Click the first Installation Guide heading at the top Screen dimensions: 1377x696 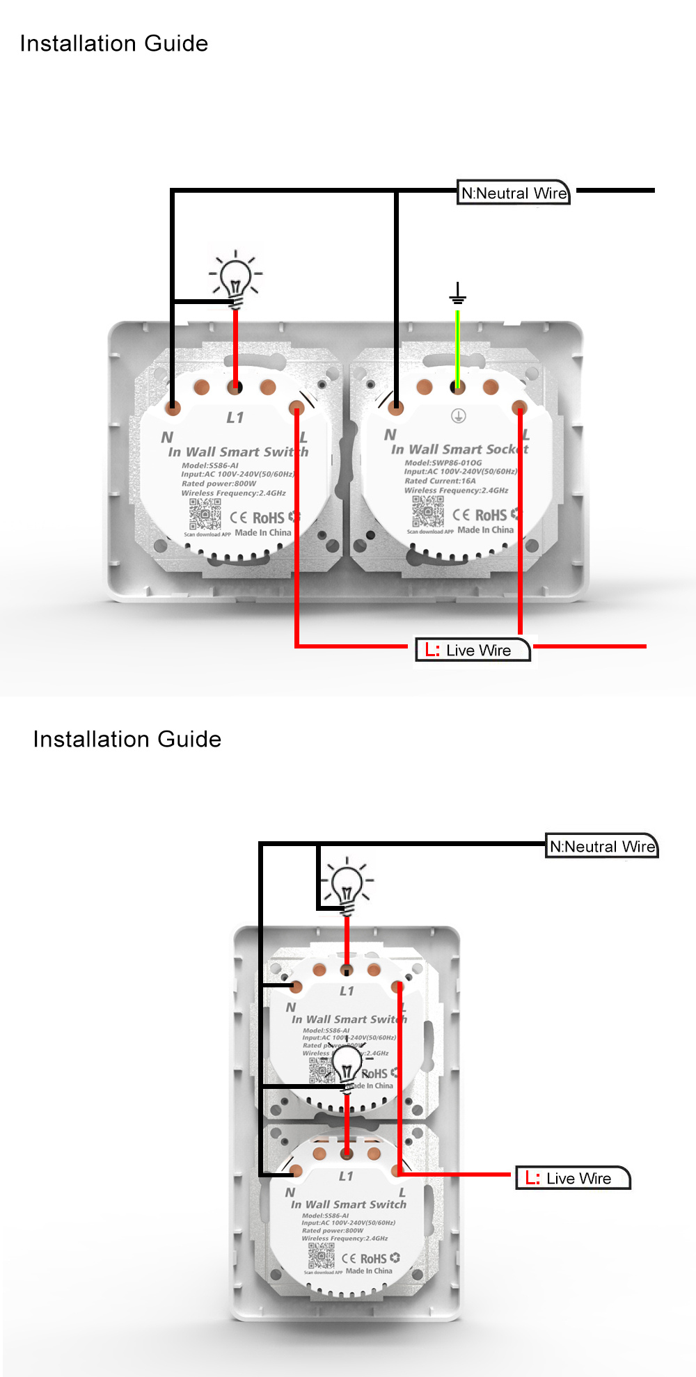click(x=114, y=44)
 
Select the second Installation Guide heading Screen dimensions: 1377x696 click(x=127, y=739)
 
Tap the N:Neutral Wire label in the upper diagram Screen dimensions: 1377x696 click(x=514, y=193)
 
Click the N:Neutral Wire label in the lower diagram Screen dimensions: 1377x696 click(x=602, y=847)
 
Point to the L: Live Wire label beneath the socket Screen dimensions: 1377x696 click(x=473, y=651)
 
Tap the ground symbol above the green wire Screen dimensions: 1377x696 click(x=457, y=294)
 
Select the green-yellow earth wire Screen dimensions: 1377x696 click(x=457, y=348)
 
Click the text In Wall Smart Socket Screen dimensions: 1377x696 click(x=459, y=449)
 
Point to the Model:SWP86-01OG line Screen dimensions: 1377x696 click(x=443, y=463)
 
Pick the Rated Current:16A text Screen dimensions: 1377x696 click(x=440, y=481)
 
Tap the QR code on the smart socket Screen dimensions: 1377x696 click(x=427, y=512)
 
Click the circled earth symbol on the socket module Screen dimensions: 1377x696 click(x=458, y=416)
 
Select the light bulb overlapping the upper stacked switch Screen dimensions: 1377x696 click(x=347, y=1068)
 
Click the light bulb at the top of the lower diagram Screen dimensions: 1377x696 click(x=347, y=887)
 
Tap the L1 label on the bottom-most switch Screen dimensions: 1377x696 click(x=346, y=1176)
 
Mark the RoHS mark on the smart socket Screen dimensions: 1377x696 click(x=491, y=515)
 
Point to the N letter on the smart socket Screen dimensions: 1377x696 click(x=390, y=434)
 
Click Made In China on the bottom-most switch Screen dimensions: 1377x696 click(x=369, y=1271)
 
